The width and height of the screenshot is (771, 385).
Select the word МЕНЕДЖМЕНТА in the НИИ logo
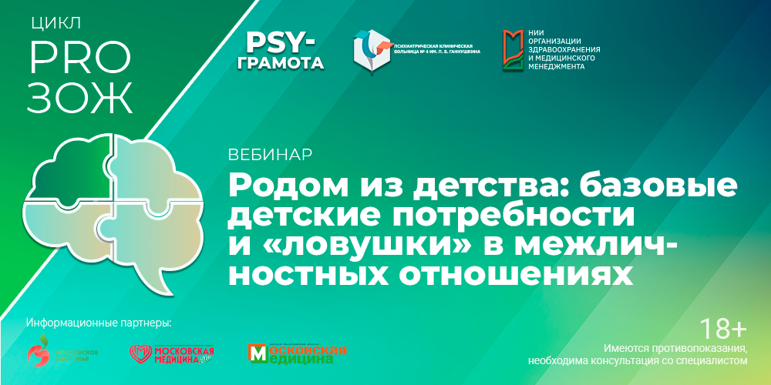tap(557, 66)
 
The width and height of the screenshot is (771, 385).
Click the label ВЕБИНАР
tap(270, 154)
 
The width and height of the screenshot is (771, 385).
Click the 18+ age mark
tap(721, 329)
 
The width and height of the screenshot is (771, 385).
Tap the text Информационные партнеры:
tap(98, 321)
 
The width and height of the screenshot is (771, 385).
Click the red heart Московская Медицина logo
tap(171, 353)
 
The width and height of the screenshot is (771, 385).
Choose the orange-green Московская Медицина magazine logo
tap(297, 353)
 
